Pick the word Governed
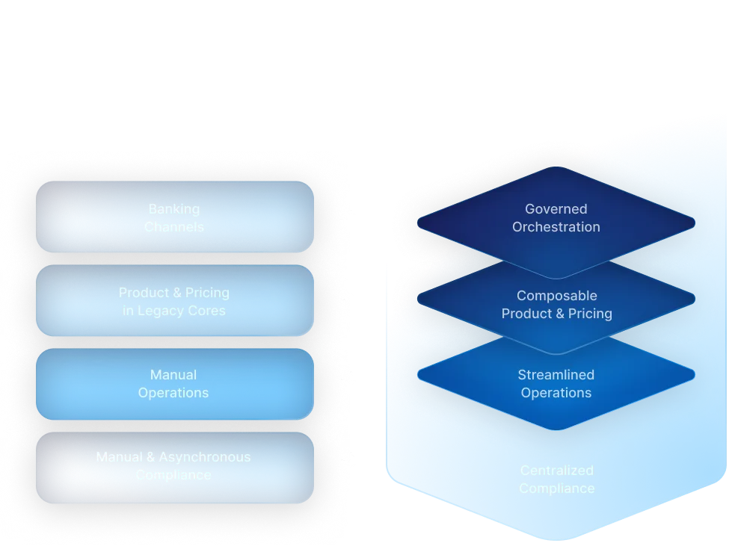click(x=556, y=209)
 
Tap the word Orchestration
click(x=556, y=227)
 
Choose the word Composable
click(x=556, y=296)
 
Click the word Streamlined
click(x=556, y=375)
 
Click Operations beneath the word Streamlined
click(x=556, y=393)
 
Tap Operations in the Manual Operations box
click(x=173, y=393)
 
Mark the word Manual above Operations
click(x=173, y=375)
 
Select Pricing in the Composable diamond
click(x=590, y=314)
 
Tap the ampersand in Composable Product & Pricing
click(x=558, y=314)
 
